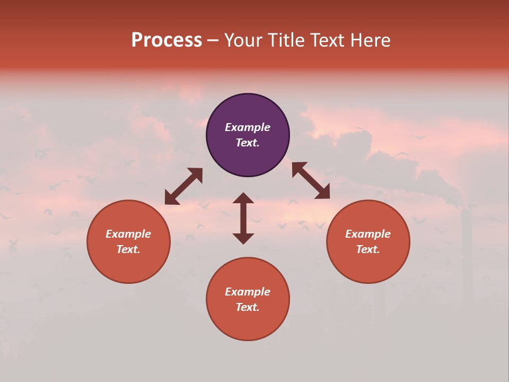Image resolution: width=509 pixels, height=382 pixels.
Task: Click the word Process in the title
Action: pos(166,40)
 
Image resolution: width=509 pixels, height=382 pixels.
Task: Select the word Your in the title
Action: pos(245,40)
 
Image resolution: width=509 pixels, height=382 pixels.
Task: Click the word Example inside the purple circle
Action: pos(248,127)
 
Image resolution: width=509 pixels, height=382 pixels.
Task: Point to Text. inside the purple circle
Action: pos(248,143)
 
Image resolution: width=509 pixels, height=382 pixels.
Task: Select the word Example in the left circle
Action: pos(128,234)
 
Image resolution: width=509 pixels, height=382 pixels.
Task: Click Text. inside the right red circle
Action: pos(368,249)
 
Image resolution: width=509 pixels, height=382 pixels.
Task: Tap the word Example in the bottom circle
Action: pos(248,292)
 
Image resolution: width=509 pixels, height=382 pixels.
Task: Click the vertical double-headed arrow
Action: pos(243,218)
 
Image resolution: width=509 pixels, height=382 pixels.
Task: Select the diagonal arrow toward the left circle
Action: pos(183,186)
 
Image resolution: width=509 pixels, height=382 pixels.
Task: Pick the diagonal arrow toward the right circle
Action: pos(311,180)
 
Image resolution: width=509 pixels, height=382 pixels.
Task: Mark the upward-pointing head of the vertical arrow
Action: pos(243,198)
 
